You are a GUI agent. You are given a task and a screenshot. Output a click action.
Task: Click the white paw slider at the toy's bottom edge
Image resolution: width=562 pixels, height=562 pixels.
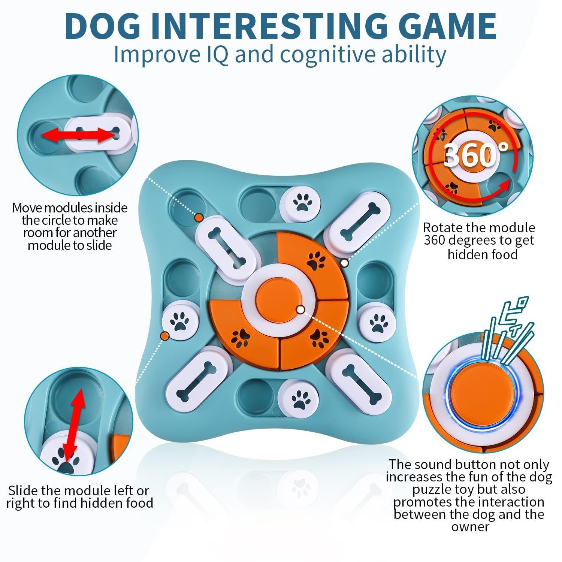(299, 399)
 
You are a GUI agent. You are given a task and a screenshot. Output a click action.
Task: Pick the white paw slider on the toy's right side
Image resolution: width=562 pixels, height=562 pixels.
(377, 321)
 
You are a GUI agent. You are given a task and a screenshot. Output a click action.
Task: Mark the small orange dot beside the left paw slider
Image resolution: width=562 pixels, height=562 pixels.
(164, 335)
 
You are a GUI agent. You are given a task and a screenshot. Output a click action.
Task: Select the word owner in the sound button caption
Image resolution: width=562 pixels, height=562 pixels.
(470, 527)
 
